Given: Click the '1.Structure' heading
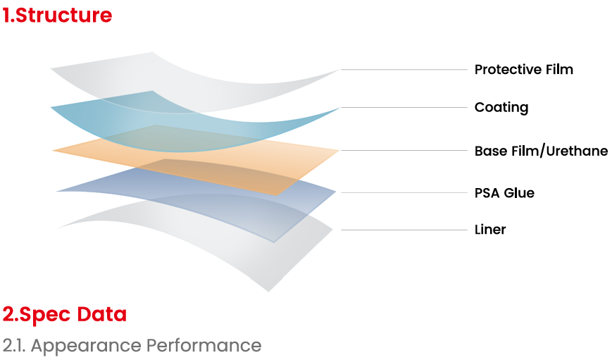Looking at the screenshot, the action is point(57,15).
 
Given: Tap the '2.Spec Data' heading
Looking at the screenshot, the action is point(65,315).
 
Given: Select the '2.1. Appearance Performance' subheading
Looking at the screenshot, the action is point(132,345).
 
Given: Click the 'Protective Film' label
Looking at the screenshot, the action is point(524,70).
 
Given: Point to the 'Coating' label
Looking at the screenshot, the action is point(501,107).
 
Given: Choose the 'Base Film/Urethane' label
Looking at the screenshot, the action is point(541,151).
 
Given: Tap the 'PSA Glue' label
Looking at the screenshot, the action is point(504,193).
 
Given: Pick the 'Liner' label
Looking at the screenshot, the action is point(490,230).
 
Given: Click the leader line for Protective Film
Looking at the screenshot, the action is point(404,70).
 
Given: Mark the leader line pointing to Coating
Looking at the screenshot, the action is point(404,107).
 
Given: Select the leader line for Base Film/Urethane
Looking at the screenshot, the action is point(404,150).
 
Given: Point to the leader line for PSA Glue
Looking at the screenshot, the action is point(404,192).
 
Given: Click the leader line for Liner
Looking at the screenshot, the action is point(404,230).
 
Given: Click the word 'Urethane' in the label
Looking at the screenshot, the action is point(577,151).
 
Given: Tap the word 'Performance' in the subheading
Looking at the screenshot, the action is point(204,345).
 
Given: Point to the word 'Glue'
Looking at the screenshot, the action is point(519,193).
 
